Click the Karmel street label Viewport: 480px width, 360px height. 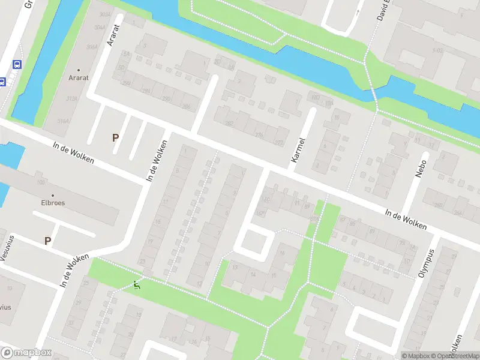tap(298, 150)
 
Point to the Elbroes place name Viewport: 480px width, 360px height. tap(52, 203)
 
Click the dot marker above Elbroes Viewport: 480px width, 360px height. tap(52, 195)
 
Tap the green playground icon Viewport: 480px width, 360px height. tap(137, 286)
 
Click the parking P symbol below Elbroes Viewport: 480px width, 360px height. tap(47, 241)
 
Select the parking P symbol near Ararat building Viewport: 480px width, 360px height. tap(115, 137)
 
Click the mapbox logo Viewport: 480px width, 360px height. tap(26, 353)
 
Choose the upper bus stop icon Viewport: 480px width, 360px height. tap(17, 64)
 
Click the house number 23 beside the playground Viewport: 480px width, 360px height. tap(142, 262)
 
